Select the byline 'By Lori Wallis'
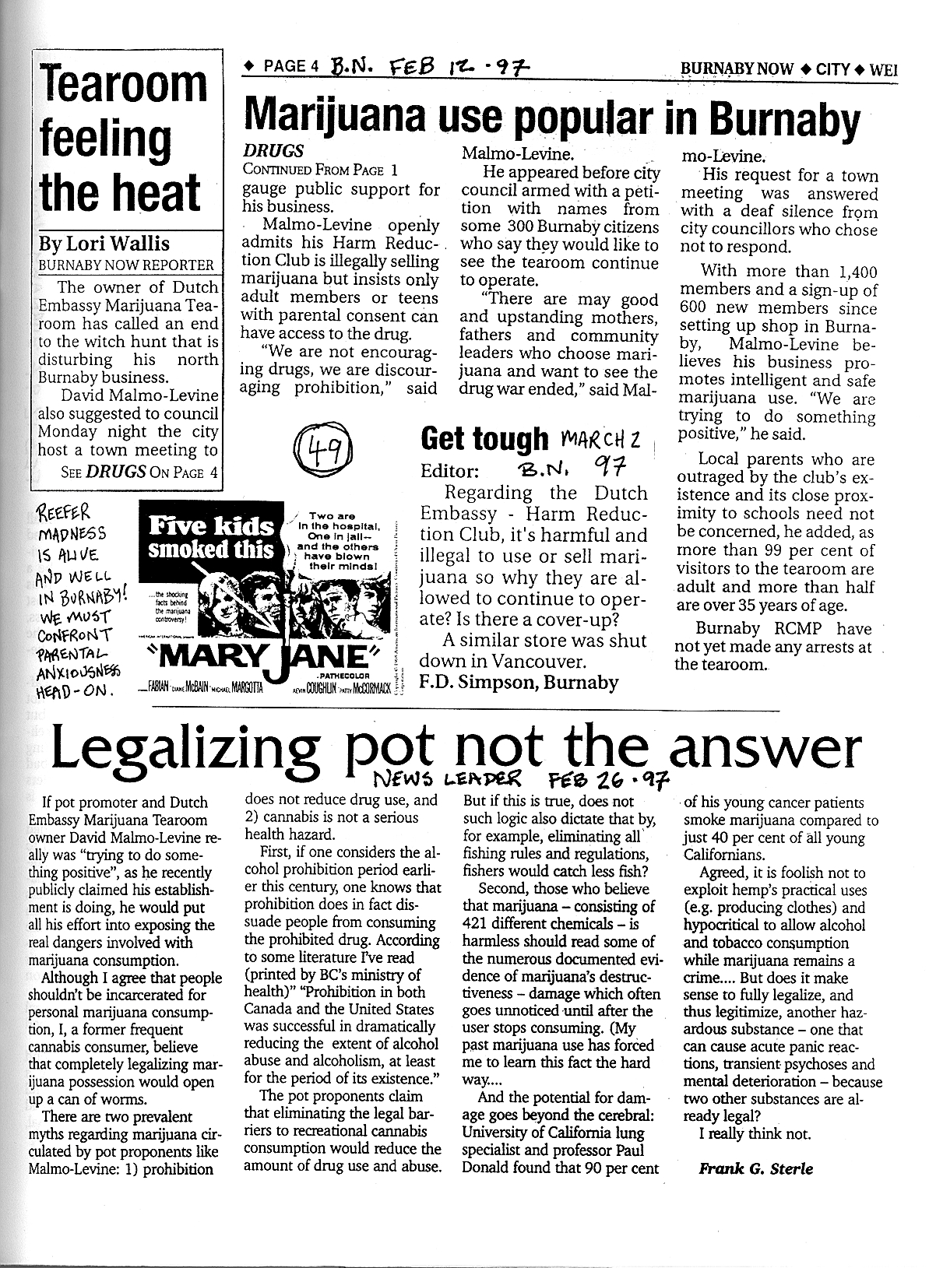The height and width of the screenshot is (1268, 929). [104, 243]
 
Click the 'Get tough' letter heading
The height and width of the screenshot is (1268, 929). [484, 439]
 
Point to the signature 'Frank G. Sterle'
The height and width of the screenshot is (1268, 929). [755, 1168]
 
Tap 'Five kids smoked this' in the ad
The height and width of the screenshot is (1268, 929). [211, 538]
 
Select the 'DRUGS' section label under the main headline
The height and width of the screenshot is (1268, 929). [273, 151]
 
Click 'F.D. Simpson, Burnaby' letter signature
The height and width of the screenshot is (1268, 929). [519, 683]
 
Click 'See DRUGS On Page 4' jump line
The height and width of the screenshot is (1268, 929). [140, 472]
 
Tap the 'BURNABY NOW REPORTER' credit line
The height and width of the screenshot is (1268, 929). [126, 265]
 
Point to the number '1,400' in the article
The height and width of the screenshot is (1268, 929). [854, 272]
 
